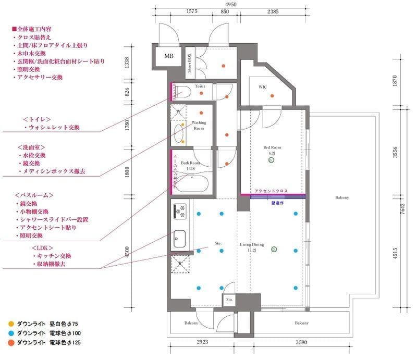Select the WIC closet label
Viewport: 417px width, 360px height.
[x=262, y=87]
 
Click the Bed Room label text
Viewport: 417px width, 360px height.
[x=271, y=147]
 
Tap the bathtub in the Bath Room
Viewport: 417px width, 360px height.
[x=192, y=184]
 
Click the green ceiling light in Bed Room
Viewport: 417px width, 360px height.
[x=271, y=161]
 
